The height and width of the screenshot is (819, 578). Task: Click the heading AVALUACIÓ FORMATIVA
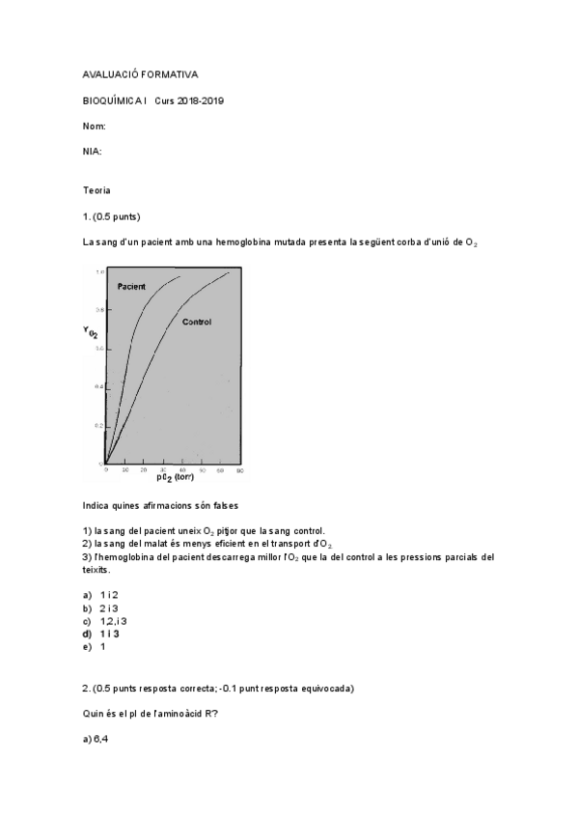[140, 74]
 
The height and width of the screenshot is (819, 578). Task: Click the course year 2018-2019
[201, 100]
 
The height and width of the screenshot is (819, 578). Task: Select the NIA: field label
[93, 152]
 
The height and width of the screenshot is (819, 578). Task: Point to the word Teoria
[96, 190]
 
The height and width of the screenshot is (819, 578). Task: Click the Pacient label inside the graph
[132, 288]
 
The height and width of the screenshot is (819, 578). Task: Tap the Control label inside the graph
[196, 322]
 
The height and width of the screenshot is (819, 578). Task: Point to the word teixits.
[96, 570]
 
